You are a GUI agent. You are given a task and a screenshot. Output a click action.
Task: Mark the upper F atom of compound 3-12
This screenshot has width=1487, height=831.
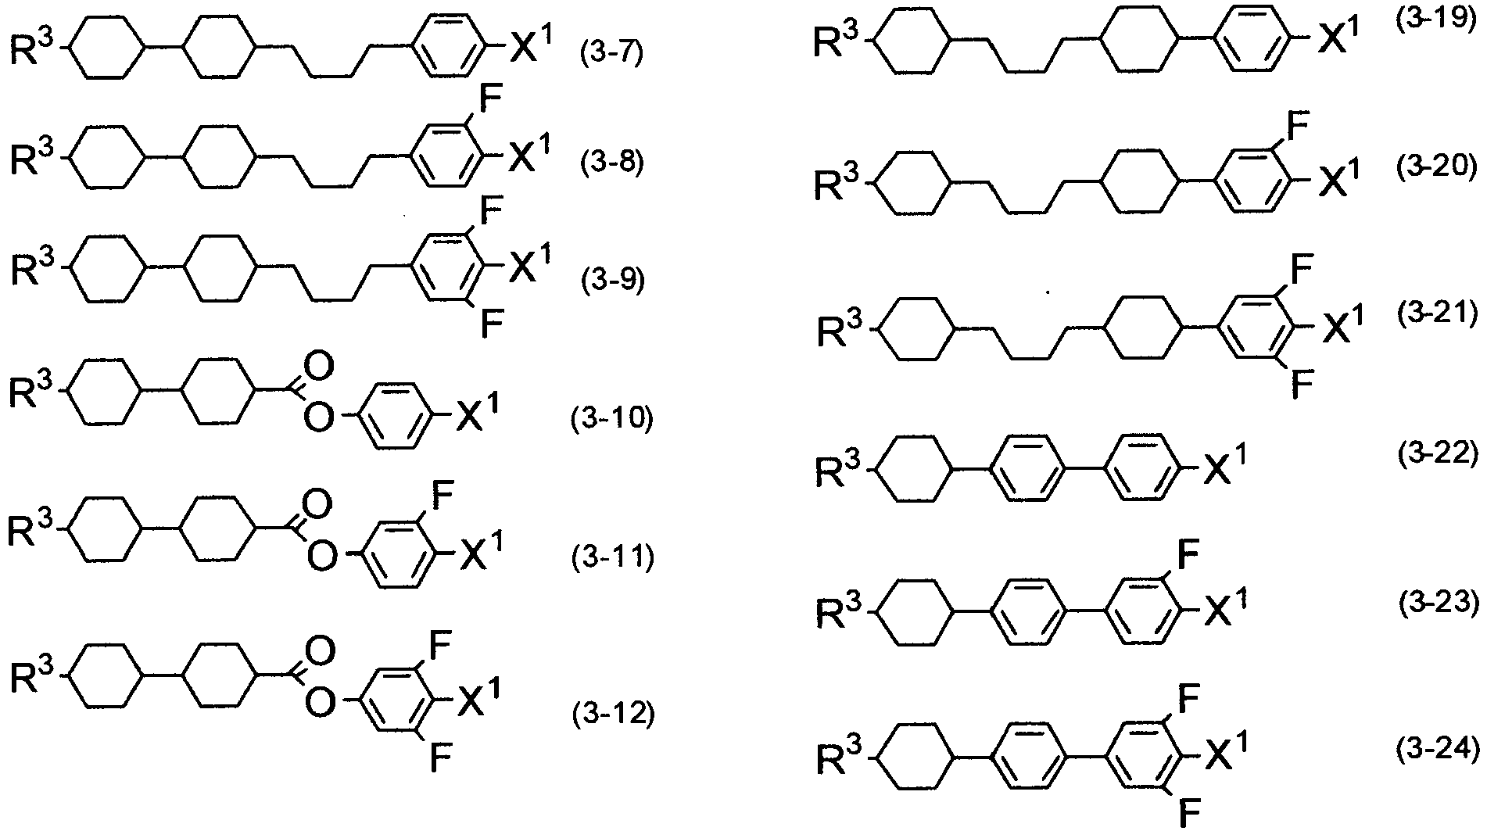pyautogui.click(x=441, y=647)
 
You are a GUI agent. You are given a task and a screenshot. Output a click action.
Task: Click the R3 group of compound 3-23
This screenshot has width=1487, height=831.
pyautogui.click(x=840, y=612)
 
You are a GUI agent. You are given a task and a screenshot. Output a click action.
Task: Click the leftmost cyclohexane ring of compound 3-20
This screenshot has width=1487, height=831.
pyautogui.click(x=912, y=182)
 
